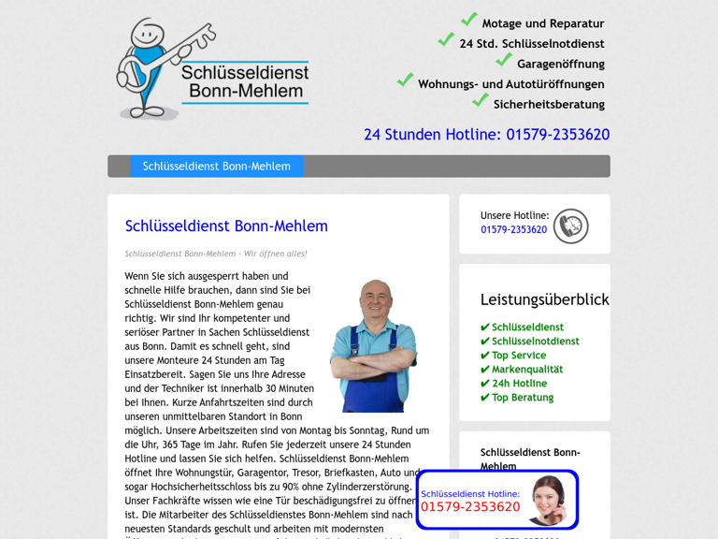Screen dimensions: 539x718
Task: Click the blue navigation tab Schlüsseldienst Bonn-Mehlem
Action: [216, 167]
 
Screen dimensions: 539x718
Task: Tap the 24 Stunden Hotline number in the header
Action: [486, 135]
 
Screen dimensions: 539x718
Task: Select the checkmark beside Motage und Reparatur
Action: [469, 20]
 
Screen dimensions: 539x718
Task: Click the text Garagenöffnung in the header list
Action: [561, 65]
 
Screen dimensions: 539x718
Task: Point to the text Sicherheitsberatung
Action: [549, 105]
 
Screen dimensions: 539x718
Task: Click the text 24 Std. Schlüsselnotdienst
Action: [531, 44]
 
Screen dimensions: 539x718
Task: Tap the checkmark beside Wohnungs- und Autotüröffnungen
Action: [405, 80]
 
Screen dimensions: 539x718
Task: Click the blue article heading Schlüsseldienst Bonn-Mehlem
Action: [226, 226]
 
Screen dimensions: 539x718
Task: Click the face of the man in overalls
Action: [376, 299]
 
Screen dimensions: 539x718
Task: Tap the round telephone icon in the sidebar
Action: [570, 226]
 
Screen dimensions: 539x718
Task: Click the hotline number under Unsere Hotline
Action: [513, 230]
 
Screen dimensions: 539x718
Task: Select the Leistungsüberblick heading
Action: [544, 299]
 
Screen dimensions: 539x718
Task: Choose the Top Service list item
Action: [519, 356]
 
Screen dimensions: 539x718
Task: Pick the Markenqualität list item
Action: [527, 370]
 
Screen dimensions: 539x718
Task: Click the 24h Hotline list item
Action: [519, 384]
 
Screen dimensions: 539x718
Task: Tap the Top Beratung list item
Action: [523, 398]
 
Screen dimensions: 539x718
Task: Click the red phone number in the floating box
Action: [470, 507]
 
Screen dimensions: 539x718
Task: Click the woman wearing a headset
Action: [549, 500]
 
